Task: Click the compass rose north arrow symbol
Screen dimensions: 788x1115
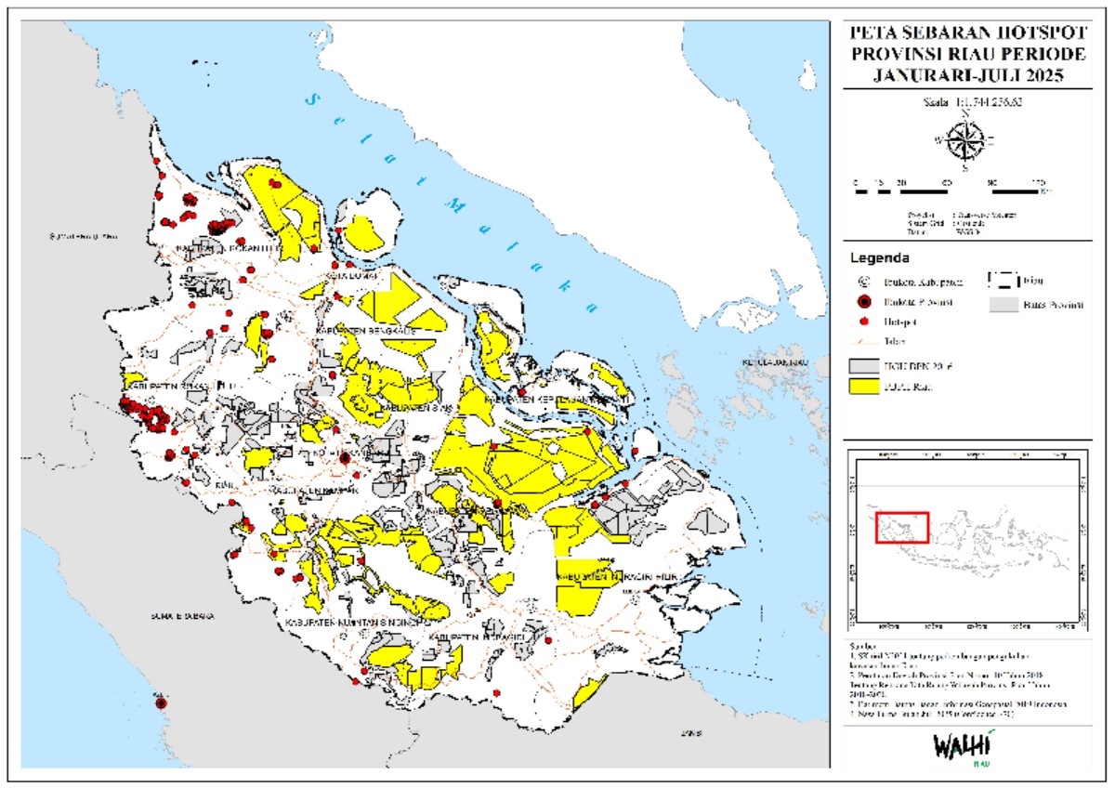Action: (x=966, y=139)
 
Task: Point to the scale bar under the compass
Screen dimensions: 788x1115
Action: (x=949, y=190)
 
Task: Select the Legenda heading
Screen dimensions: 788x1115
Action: (x=880, y=257)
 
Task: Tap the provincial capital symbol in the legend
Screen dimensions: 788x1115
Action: (x=864, y=301)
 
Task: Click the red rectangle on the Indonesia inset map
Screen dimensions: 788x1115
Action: (x=901, y=527)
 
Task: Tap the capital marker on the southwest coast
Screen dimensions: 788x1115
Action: (x=161, y=703)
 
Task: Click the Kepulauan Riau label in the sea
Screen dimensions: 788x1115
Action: (x=771, y=361)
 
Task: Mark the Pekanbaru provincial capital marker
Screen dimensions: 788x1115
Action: (x=345, y=458)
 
